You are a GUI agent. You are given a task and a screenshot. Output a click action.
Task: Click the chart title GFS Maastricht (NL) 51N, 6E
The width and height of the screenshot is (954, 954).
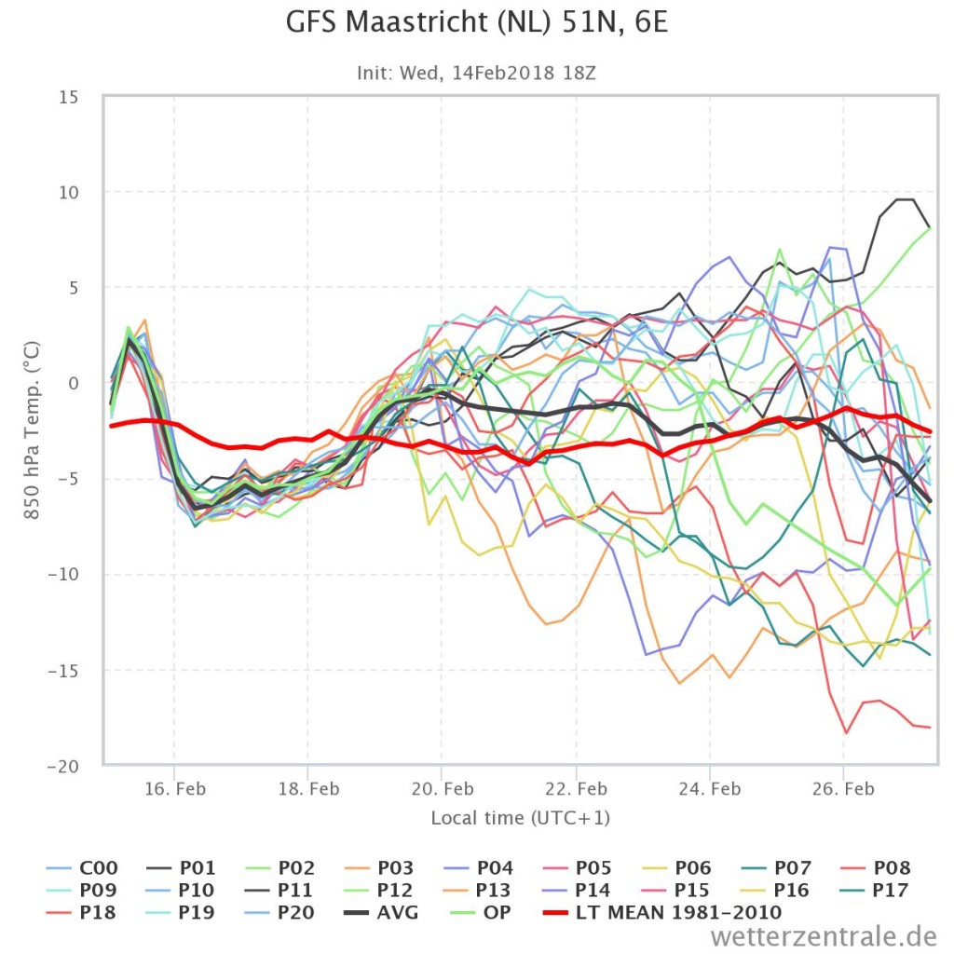(x=477, y=22)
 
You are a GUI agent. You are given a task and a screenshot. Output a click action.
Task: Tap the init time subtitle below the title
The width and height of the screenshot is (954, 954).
(x=476, y=73)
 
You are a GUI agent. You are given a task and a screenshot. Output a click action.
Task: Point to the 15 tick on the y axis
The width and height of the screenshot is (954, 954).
(x=69, y=97)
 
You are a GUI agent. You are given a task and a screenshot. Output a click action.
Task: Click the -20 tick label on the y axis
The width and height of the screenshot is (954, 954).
(x=63, y=767)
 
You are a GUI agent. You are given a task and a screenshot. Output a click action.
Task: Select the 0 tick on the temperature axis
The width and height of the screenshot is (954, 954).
(x=74, y=384)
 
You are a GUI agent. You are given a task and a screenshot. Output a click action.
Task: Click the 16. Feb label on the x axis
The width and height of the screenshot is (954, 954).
(x=174, y=789)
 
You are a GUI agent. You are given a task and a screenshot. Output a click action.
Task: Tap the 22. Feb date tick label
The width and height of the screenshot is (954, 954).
(x=576, y=789)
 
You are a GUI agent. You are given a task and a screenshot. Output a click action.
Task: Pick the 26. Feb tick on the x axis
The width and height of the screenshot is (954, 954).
(x=843, y=789)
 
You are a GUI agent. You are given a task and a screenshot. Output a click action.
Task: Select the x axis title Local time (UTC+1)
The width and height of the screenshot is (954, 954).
(x=520, y=818)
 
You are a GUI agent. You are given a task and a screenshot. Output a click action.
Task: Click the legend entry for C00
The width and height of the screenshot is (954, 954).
(x=82, y=867)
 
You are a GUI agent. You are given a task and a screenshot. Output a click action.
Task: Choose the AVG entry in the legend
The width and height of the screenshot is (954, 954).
(x=381, y=913)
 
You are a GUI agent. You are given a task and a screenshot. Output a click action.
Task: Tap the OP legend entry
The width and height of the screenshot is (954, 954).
(x=480, y=913)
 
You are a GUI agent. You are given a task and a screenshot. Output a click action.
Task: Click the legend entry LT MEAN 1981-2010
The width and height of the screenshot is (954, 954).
(x=662, y=913)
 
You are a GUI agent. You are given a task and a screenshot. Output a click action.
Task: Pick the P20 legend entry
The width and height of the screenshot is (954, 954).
(x=279, y=913)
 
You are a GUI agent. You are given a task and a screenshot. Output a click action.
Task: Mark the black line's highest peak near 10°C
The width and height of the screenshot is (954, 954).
(x=905, y=199)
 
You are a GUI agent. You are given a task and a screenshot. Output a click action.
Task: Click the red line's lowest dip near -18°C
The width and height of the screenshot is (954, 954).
(x=846, y=733)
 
